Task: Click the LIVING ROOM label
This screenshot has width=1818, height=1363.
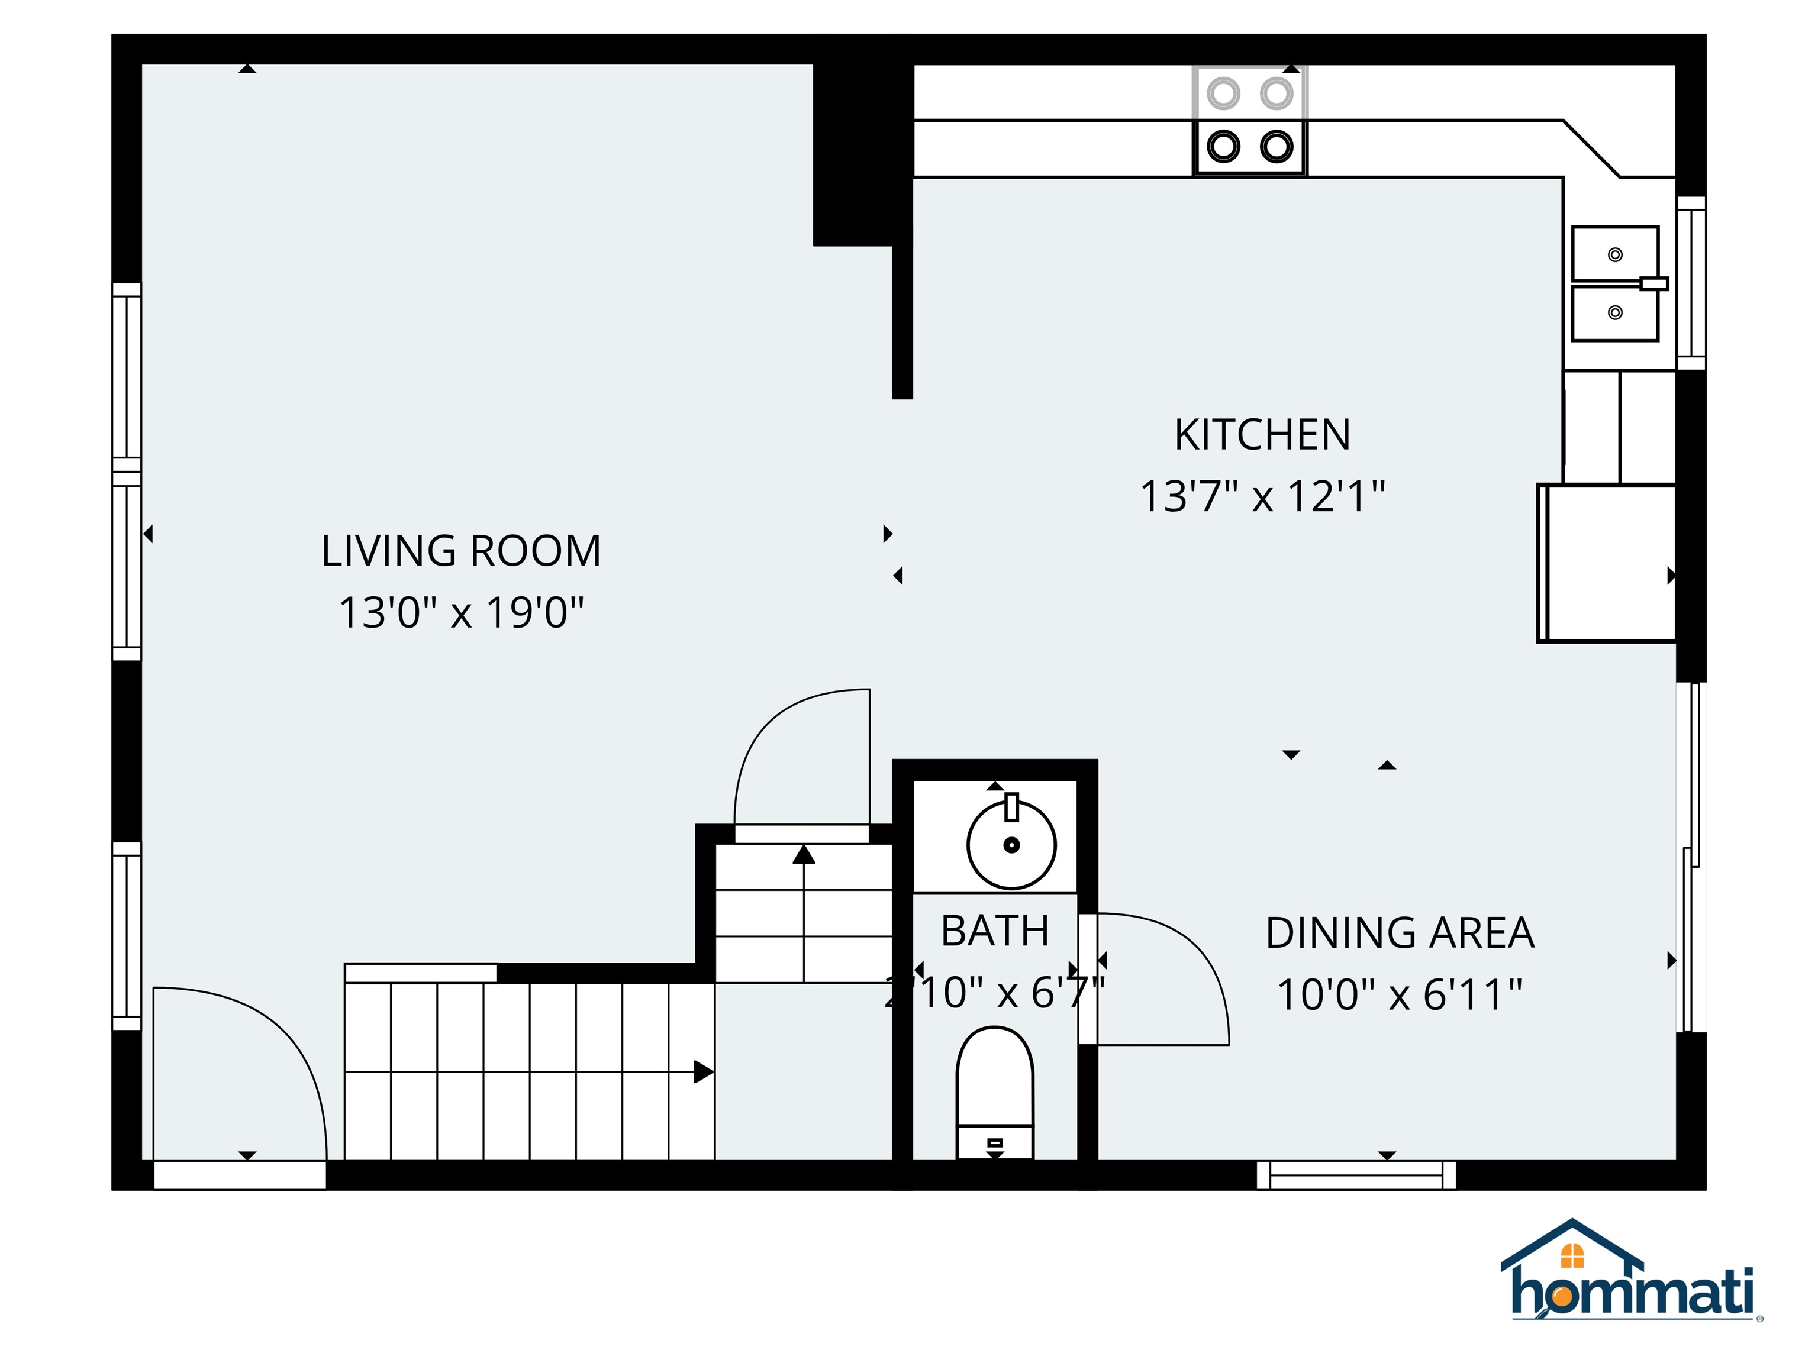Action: [461, 551]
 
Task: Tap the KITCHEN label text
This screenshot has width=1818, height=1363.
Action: [1262, 435]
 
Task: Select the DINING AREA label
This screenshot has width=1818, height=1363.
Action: [1400, 934]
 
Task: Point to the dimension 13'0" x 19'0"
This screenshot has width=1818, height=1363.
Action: [461, 613]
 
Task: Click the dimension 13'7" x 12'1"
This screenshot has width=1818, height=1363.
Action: [1262, 497]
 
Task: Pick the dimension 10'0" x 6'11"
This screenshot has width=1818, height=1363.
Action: [1400, 995]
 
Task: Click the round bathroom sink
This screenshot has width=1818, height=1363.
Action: [1011, 845]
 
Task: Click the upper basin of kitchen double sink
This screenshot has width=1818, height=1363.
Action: [1614, 254]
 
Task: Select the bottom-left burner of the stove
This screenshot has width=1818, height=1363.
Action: [1223, 147]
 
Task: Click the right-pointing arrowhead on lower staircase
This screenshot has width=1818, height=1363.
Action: [704, 1072]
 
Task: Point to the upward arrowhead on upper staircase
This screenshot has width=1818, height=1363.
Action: [804, 855]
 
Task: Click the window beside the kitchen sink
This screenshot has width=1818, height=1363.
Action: [1691, 283]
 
